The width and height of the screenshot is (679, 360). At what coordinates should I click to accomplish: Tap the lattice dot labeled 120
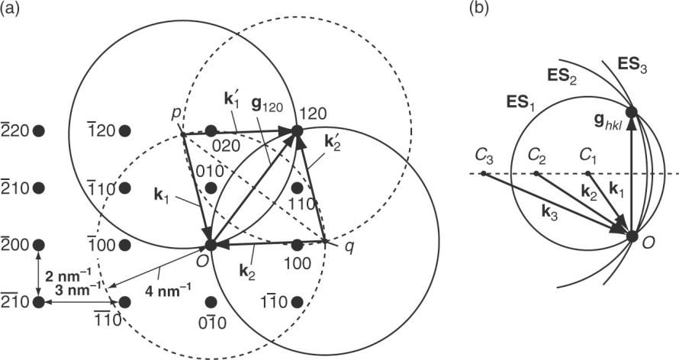coord(298,130)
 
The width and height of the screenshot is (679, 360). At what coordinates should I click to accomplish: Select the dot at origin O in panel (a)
coord(211,245)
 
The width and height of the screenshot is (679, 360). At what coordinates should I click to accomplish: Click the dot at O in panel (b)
coord(632,236)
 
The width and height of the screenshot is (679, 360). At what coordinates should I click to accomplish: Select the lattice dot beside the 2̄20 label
coord(39,130)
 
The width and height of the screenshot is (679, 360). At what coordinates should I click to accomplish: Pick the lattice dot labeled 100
coord(298,245)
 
